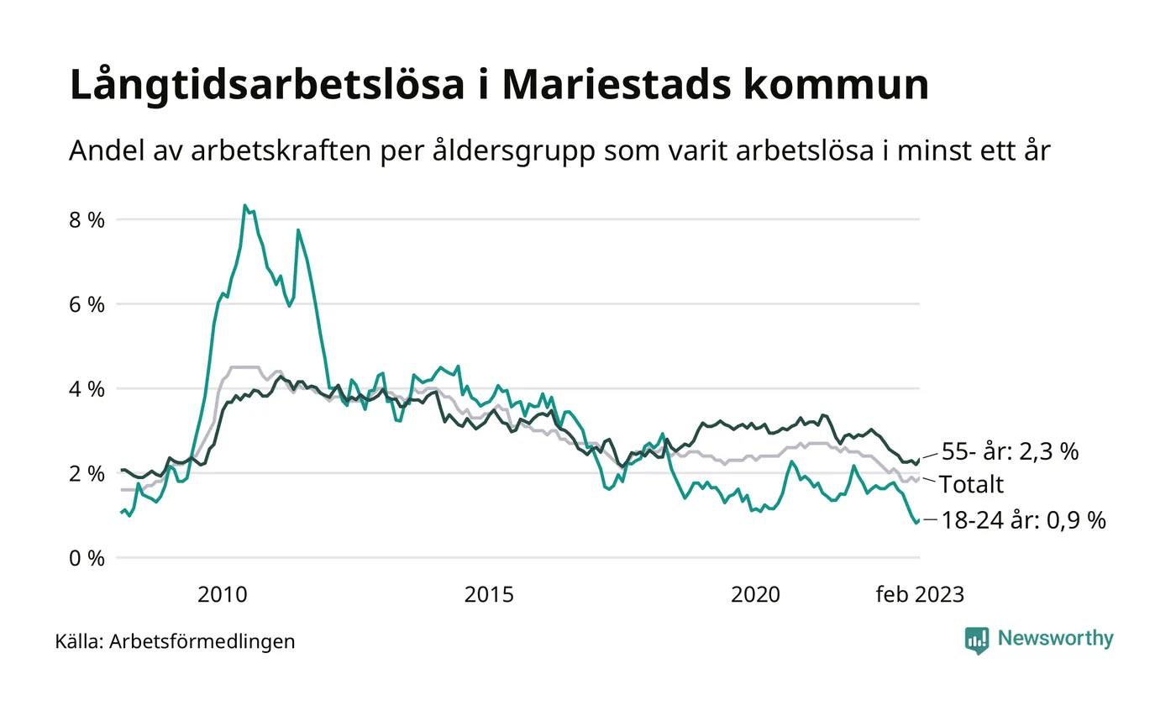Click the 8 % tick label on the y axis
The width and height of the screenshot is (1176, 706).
(87, 220)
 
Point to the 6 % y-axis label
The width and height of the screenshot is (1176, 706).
(87, 304)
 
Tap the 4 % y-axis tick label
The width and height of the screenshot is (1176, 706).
(87, 389)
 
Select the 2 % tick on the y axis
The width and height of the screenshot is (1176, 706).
(87, 473)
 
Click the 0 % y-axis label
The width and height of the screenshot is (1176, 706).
(87, 558)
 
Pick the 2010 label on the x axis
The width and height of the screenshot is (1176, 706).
(223, 595)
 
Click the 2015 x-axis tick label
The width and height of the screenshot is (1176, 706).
(489, 595)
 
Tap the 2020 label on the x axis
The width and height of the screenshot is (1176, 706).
(755, 595)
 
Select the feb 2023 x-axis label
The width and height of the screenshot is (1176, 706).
(920, 595)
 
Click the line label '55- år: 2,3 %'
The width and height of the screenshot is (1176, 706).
(1008, 451)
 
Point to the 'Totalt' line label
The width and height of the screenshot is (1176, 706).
(971, 484)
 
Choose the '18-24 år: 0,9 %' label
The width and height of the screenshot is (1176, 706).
(1021, 520)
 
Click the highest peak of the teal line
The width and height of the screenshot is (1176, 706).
(244, 205)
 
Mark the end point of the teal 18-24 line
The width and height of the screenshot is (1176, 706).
(916, 523)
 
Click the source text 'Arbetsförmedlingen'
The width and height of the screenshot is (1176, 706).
(202, 642)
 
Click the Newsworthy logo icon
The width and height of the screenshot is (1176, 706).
(977, 640)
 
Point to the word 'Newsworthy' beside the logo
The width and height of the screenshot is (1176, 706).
(1056, 639)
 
